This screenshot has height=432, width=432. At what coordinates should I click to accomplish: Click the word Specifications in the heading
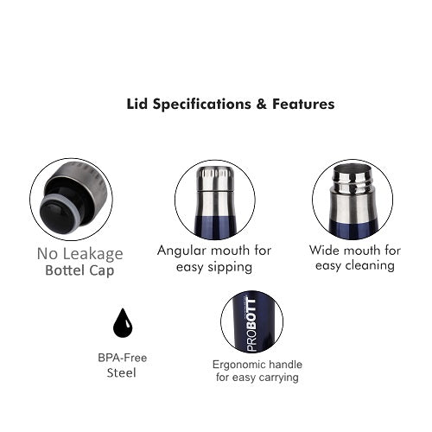coord(201,105)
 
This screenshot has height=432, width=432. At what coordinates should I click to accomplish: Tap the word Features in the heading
coord(303,104)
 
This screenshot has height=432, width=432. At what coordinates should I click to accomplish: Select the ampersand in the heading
coord(262,104)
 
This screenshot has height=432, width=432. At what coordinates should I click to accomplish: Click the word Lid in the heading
coord(137,104)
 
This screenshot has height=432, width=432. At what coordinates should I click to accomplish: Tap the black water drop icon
coord(123,323)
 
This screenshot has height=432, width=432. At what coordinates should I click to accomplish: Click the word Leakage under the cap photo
coord(92,254)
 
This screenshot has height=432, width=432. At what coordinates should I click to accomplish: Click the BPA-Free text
coord(123,358)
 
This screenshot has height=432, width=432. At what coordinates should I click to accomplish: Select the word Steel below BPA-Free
coord(121,373)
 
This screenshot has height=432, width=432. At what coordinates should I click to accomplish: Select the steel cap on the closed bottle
coord(215,179)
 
